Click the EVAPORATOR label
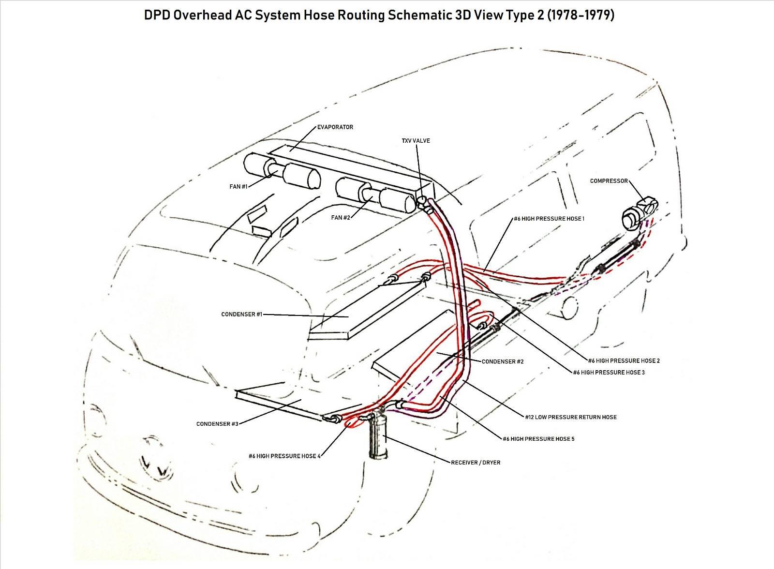pos(335,127)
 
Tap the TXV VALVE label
pos(416,141)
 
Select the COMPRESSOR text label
pos(609,181)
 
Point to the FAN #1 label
pos(238,187)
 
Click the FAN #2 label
pos(341,217)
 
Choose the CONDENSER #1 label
pos(242,314)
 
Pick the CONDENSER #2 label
pos(503,361)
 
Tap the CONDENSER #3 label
pos(217,424)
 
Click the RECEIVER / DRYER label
pos(476,463)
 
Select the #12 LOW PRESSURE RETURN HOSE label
pos(571,417)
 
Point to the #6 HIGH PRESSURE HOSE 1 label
pos(549,219)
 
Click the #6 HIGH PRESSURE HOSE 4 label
pos(284,456)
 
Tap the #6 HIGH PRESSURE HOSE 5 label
pos(539,439)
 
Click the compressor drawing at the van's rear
pos(640,211)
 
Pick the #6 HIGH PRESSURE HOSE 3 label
pos(609,372)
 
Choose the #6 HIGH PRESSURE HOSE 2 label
pos(624,360)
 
